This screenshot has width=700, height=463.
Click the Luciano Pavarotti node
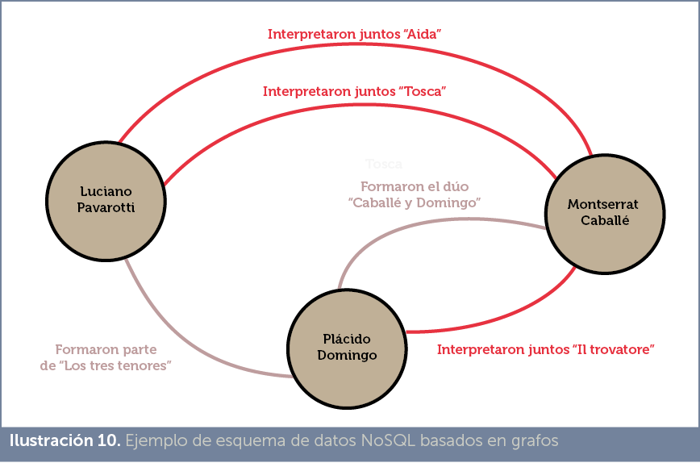tap(106, 198)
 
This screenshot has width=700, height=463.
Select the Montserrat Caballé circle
tap(604, 212)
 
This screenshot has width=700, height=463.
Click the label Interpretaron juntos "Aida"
tap(355, 35)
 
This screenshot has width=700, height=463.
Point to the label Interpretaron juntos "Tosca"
tap(355, 92)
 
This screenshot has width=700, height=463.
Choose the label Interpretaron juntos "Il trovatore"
tap(544, 350)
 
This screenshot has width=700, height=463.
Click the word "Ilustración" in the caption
tap(47, 441)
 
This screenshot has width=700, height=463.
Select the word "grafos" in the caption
tap(531, 441)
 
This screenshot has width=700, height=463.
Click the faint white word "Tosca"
tap(384, 165)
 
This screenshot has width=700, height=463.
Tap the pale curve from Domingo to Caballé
tap(419, 221)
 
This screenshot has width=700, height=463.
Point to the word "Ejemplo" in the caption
tap(152, 441)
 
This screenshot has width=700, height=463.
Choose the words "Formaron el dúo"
tap(415, 186)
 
